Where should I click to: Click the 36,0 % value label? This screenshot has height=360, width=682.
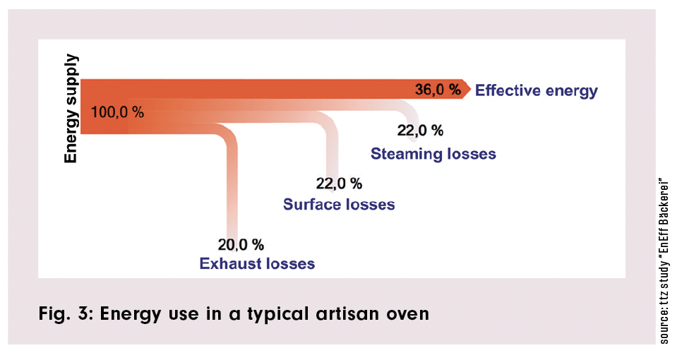point(437,90)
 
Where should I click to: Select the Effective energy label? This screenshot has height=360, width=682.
point(536,90)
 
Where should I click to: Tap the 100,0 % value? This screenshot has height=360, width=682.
point(117,112)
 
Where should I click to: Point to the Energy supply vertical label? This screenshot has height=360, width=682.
point(71,109)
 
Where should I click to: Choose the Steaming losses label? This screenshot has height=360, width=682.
point(433,153)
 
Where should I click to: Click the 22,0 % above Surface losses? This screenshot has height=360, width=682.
point(339,184)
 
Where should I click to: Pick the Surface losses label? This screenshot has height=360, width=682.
point(339,205)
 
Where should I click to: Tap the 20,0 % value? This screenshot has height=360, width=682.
point(241,244)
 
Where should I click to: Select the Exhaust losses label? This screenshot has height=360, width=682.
point(257,264)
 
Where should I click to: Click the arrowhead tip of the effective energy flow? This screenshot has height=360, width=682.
point(469,89)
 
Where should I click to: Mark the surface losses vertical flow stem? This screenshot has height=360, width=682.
point(331,152)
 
